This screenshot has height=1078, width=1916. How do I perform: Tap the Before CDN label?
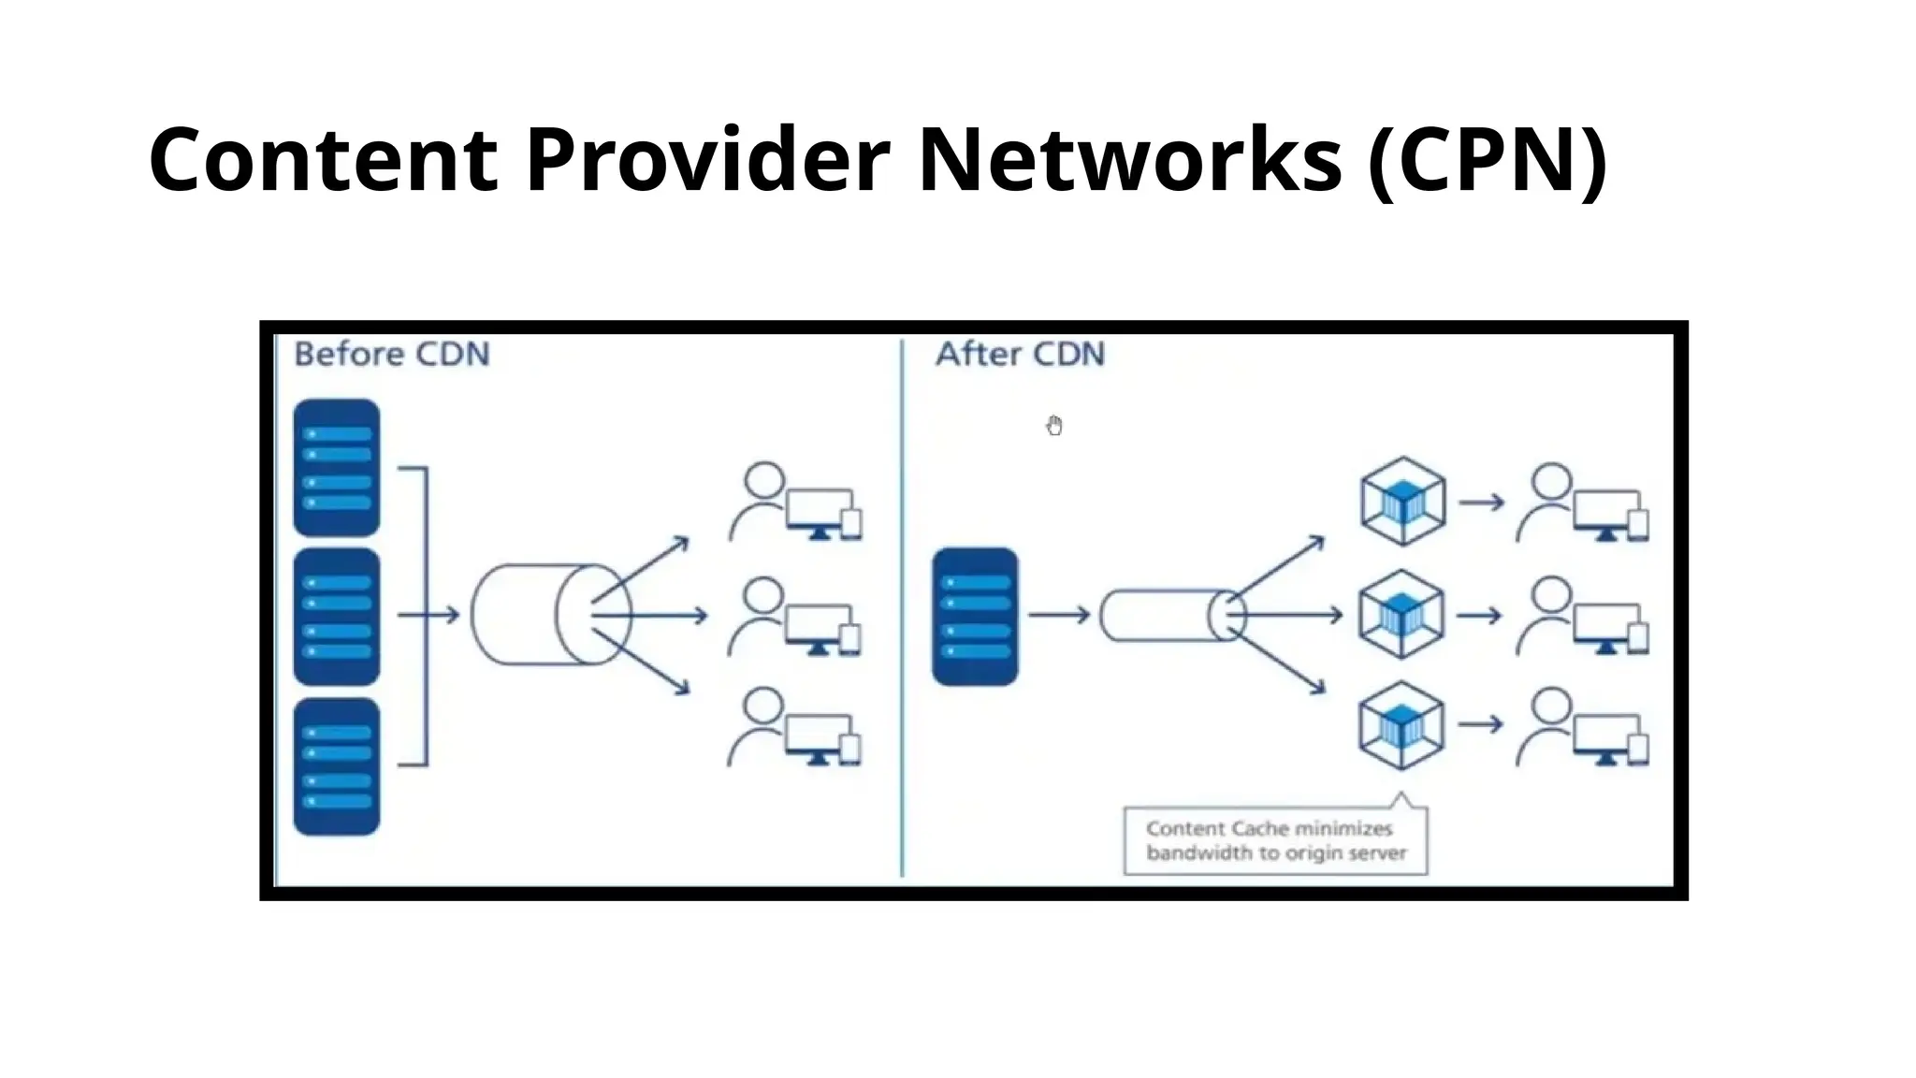[x=391, y=355]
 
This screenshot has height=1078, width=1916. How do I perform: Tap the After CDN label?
[x=1020, y=355]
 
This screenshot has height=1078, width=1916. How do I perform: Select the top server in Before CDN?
[x=337, y=468]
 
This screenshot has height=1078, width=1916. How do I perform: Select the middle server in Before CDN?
[x=337, y=617]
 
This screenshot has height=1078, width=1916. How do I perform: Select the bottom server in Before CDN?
[x=337, y=766]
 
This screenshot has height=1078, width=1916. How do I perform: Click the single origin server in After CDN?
[x=975, y=617]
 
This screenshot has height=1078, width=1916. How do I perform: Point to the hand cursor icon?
[x=1054, y=426]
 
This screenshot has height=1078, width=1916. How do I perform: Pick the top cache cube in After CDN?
[x=1401, y=502]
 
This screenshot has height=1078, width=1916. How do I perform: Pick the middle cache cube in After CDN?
[x=1401, y=615]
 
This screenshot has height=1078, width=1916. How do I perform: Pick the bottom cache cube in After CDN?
[x=1401, y=725]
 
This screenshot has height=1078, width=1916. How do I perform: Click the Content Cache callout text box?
[x=1275, y=840]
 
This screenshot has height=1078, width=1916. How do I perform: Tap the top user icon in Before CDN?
[x=762, y=501]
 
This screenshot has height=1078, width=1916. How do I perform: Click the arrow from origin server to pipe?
[x=1058, y=615]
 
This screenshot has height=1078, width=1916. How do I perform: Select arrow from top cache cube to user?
[x=1481, y=503]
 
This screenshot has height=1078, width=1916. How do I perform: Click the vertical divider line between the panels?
[x=902, y=608]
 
